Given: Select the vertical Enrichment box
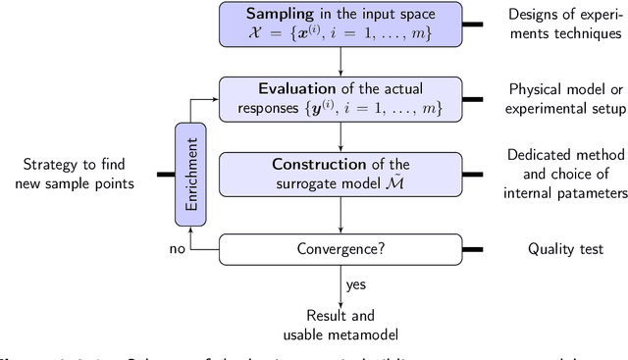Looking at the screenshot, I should pyautogui.click(x=187, y=174).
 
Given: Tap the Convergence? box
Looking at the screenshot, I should pyautogui.click(x=339, y=249).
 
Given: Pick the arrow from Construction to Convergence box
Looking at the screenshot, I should pyautogui.click(x=339, y=216).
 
